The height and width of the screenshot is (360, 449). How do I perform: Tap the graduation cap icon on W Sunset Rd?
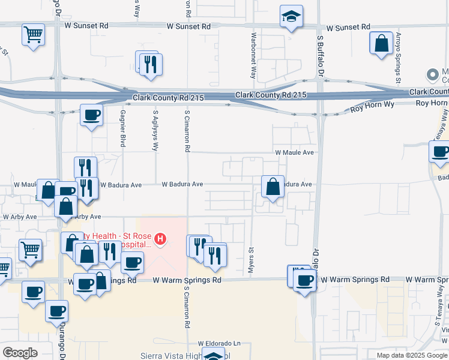291,16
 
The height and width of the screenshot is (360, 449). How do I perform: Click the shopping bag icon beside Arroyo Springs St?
381,44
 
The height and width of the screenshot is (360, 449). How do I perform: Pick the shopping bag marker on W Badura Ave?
273,186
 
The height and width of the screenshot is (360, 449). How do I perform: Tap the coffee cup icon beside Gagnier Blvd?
91,115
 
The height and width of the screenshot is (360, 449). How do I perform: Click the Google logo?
20,353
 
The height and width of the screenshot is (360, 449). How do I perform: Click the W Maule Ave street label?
295,153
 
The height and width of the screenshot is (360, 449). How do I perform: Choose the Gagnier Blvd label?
122,128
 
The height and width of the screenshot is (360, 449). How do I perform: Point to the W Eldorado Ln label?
219,344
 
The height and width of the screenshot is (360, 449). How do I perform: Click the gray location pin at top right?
432,75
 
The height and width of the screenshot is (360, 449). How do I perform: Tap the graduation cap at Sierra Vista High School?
213,356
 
